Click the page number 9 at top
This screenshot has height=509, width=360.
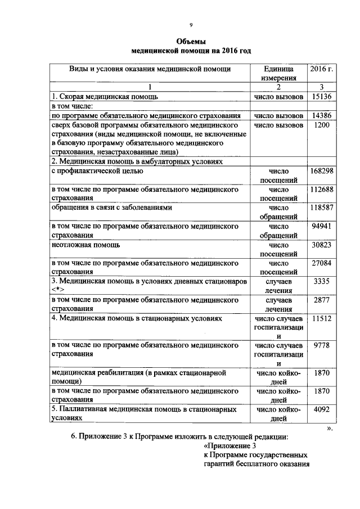[x=191, y=25]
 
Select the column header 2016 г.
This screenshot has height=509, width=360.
[x=321, y=69]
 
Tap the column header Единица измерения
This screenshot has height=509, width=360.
[x=278, y=74]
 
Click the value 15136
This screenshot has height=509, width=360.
[x=321, y=97]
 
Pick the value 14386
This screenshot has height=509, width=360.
[x=321, y=115]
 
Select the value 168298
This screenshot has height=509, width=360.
[x=321, y=170]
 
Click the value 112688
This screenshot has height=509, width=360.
[x=321, y=189]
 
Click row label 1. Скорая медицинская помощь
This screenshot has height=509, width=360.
[x=101, y=97]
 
